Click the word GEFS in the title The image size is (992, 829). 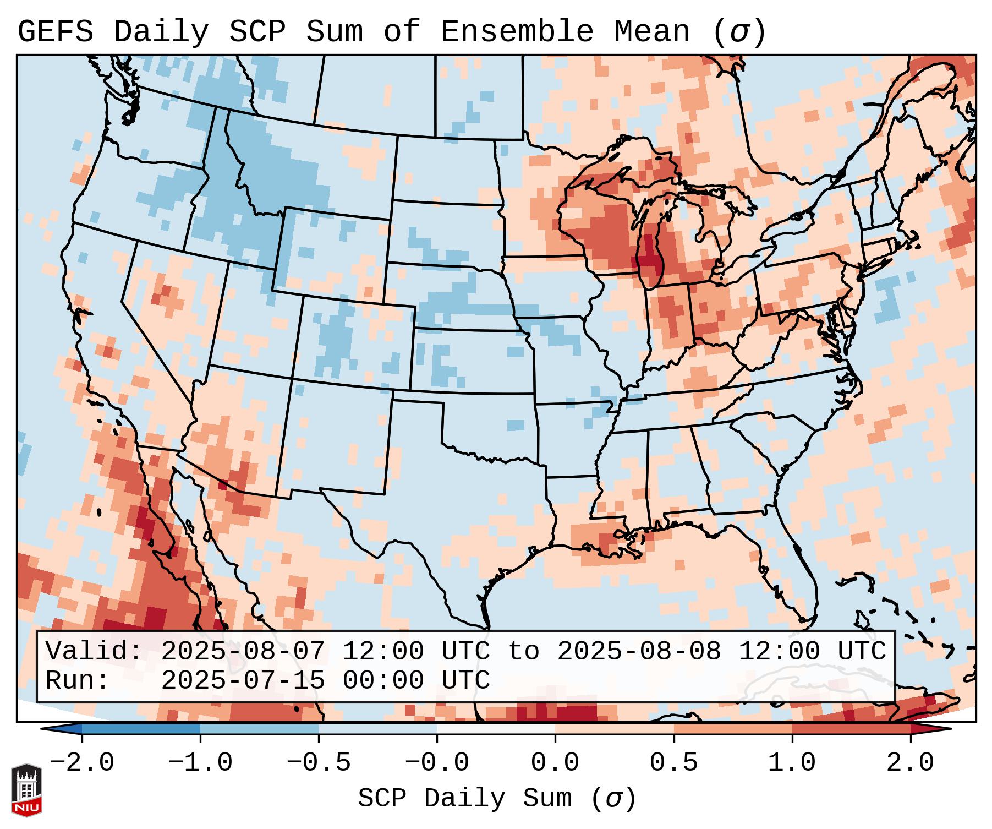[x=55, y=31]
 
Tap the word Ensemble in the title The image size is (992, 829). [x=517, y=31]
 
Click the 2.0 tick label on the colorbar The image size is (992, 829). [x=910, y=762]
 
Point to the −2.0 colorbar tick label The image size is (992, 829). [x=82, y=762]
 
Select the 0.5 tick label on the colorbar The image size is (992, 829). [x=673, y=762]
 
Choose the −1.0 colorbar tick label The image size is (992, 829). [x=200, y=762]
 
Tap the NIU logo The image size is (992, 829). [x=26, y=789]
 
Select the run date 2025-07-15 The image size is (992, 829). [x=243, y=680]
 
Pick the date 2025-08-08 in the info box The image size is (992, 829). [x=639, y=651]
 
